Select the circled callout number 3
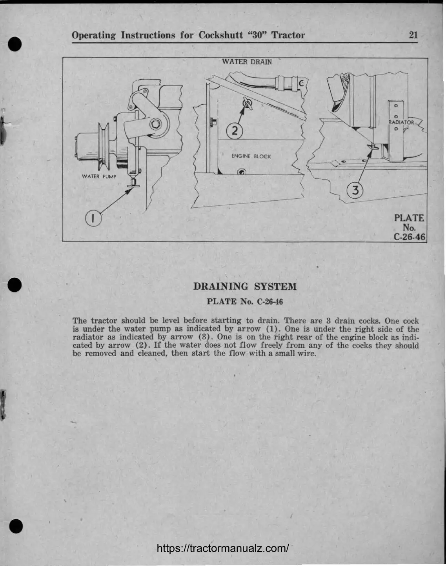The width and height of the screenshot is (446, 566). [x=355, y=191]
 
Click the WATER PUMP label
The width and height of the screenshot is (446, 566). [x=99, y=176]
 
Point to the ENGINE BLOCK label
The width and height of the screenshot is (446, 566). [x=251, y=156]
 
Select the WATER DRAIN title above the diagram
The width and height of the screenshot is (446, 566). [x=246, y=62]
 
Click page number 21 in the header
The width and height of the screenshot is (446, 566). [x=413, y=35]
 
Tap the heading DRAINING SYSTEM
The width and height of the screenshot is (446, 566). [x=245, y=287]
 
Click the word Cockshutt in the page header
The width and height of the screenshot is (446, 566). [x=223, y=35]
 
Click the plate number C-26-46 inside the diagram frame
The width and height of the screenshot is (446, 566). [x=409, y=237]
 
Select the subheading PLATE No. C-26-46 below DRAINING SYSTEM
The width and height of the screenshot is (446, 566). [x=245, y=301]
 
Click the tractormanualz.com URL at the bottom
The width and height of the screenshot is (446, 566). [x=223, y=548]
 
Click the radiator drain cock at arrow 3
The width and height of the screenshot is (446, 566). [x=371, y=147]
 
